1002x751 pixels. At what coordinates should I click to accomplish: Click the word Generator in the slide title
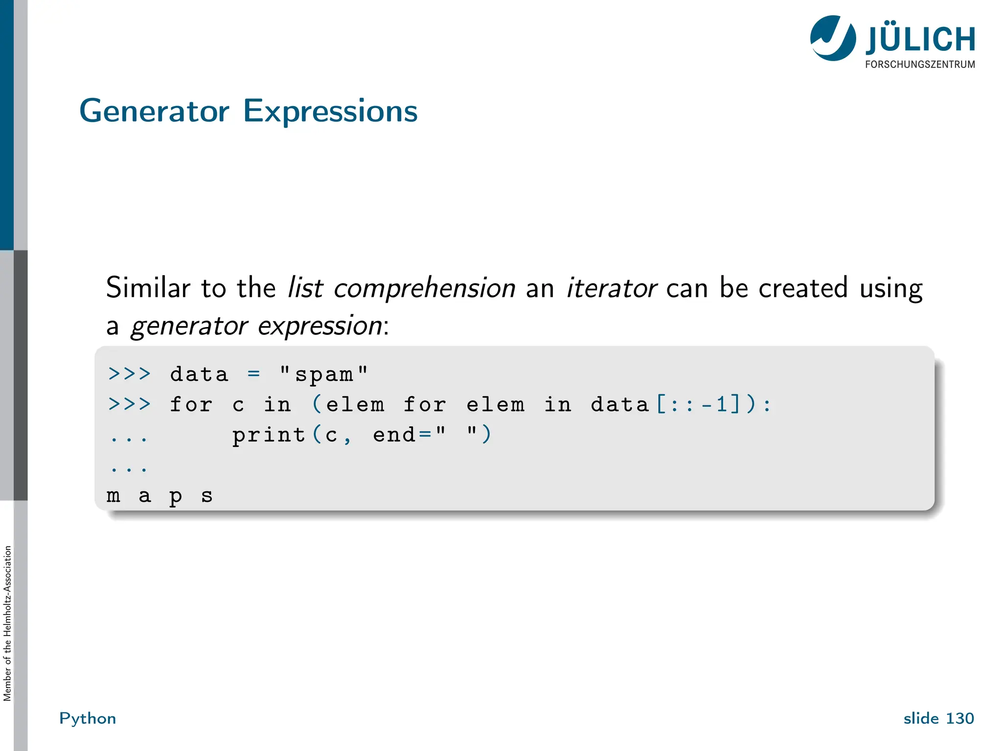point(154,111)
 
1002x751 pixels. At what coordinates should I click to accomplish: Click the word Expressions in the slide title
point(330,111)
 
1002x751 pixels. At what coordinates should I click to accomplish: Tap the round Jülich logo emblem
point(833,38)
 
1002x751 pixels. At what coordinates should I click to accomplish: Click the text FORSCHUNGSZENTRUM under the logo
point(920,65)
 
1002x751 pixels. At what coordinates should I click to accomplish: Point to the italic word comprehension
point(424,287)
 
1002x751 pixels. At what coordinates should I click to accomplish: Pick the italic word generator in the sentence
point(189,326)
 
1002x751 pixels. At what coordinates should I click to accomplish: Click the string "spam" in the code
point(323,375)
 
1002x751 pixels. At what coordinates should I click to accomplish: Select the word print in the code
point(268,435)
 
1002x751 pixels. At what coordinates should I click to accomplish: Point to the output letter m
point(114,496)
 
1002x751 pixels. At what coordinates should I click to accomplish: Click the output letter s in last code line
point(207,496)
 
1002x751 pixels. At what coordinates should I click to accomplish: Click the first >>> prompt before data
point(129,375)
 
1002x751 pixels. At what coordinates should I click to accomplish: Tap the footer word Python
point(88,718)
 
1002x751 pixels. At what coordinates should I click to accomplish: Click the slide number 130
point(959,718)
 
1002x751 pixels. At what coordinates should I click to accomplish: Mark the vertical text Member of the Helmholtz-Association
point(7,623)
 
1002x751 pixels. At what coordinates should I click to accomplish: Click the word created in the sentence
point(802,287)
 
